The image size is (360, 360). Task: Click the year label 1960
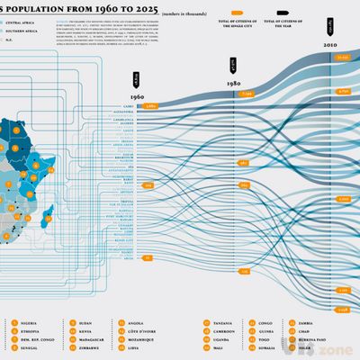137,95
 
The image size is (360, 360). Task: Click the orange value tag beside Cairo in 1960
151,105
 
